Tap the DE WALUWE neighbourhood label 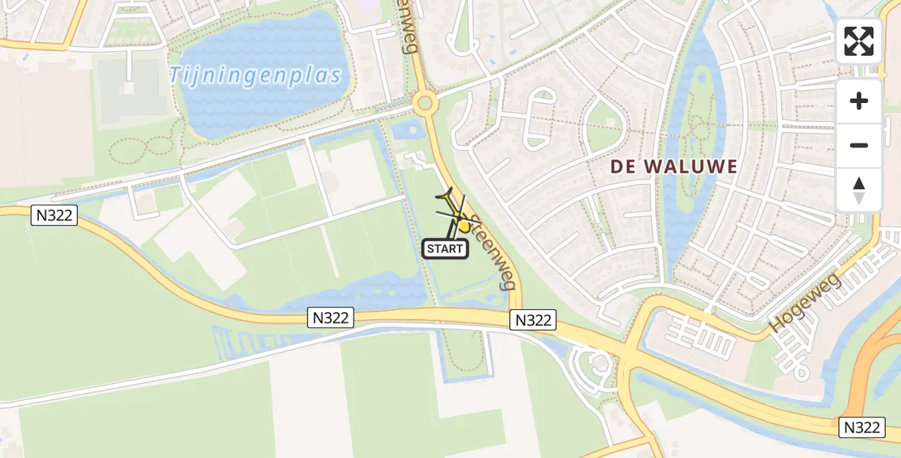pyautogui.click(x=673, y=166)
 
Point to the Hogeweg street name pyautogui.click(x=805, y=302)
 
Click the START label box pyautogui.click(x=445, y=248)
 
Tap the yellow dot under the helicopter pyautogui.click(x=463, y=226)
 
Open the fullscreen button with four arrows pyautogui.click(x=859, y=41)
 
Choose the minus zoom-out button pyautogui.click(x=859, y=145)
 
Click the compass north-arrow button pyautogui.click(x=859, y=190)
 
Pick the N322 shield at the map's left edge pyautogui.click(x=55, y=215)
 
